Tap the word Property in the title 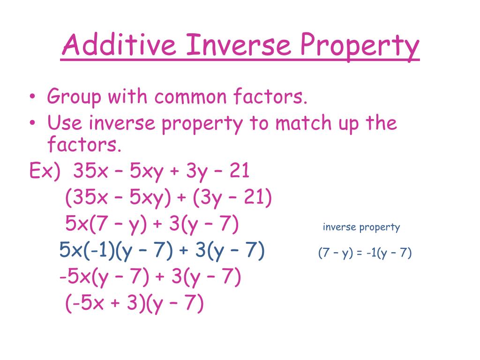coord(360,47)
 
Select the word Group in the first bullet coord(74,98)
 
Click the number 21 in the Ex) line coord(239,172)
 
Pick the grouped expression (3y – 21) coord(231,198)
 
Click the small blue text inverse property coord(361,228)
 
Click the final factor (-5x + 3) coord(102,304)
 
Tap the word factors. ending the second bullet coord(84,145)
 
